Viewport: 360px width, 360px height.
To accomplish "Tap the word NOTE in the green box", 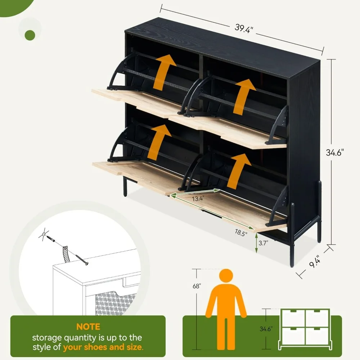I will pos(88,327).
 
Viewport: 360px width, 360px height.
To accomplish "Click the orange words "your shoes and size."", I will pos(103,347).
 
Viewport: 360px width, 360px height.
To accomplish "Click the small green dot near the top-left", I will pos(30,35).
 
